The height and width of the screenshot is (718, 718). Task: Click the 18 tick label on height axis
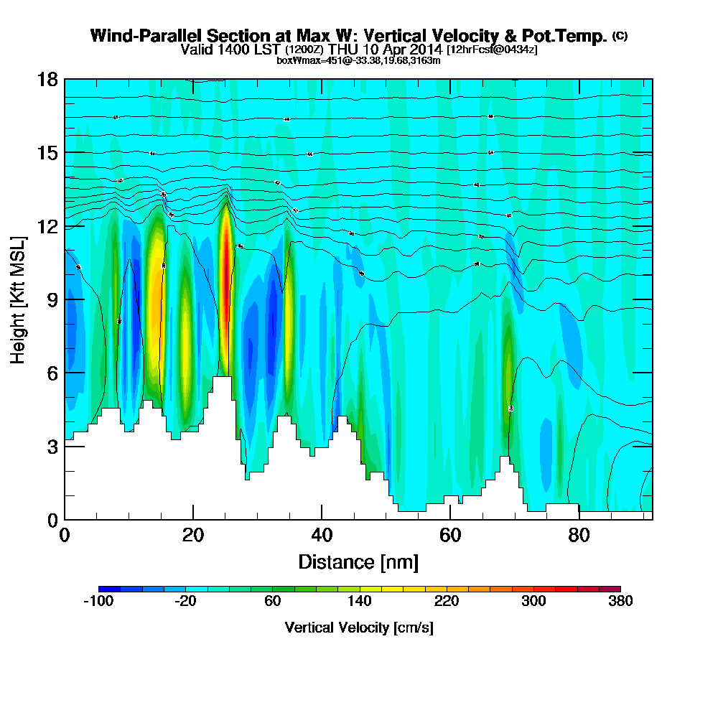pos(47,79)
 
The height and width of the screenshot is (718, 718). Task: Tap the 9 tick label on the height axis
pos(52,299)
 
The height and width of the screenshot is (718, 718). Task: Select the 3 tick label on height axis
pos(52,446)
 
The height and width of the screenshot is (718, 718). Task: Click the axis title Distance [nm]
pos(358,561)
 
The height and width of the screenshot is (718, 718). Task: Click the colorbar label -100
pos(98,602)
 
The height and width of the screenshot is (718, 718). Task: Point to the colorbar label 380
pos(620,602)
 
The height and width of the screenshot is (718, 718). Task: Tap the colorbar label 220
pos(446,602)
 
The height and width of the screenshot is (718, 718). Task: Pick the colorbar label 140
pos(359,602)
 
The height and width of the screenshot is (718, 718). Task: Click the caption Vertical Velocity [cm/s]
pos(359,628)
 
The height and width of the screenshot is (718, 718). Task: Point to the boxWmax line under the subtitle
pos(358,60)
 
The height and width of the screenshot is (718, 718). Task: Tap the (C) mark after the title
pos(620,36)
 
